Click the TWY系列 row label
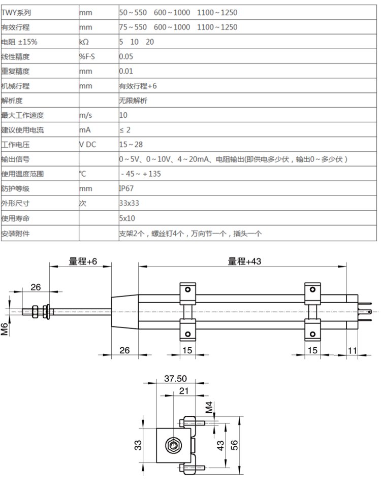(16, 11)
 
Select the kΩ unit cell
(85, 42)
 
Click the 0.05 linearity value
(126, 56)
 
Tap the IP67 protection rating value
(126, 189)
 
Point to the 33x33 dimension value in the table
(129, 204)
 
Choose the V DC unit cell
(87, 145)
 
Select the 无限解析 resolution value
(133, 101)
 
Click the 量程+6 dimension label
(83, 261)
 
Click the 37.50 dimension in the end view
(175, 378)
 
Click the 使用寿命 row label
(16, 218)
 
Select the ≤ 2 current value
(125, 130)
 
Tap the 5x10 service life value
(127, 218)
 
